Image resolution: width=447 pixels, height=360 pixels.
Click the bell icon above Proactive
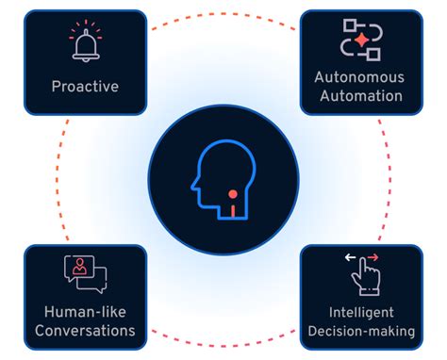(85, 42)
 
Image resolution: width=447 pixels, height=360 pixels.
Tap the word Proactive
(85, 87)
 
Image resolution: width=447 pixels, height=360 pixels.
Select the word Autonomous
(358, 78)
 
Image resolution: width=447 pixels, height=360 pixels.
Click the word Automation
(358, 95)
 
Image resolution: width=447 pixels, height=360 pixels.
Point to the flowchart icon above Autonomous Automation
(359, 40)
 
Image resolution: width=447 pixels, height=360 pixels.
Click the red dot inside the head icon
(232, 195)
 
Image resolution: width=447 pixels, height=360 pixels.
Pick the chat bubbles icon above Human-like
(85, 274)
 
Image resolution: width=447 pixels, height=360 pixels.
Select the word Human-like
(85, 313)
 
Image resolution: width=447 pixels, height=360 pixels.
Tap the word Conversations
(85, 331)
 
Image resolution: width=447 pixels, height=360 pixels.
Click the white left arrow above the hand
(351, 256)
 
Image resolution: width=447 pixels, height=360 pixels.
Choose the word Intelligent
(362, 313)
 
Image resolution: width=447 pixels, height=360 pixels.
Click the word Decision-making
(362, 331)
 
